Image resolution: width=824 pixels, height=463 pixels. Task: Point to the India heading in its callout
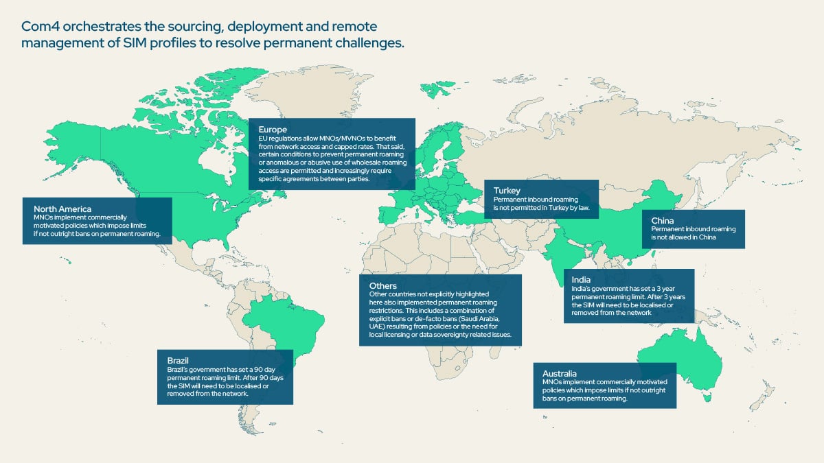pos(581,279)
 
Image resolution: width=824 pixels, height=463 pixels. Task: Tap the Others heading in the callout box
pos(383,285)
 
